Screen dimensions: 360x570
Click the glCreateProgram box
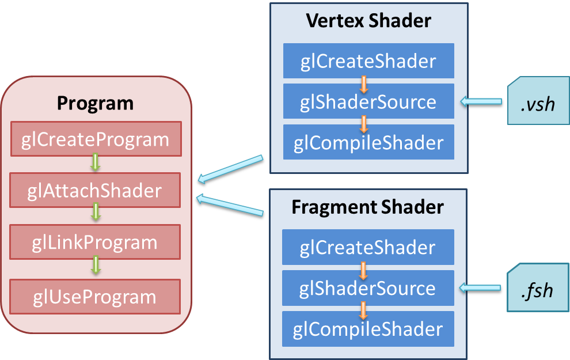(96, 139)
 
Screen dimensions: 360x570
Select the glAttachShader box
(96, 191)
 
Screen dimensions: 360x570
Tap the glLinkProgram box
(96, 242)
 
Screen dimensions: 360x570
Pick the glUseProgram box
(96, 297)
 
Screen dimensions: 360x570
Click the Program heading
(95, 103)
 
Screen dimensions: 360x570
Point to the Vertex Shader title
(368, 21)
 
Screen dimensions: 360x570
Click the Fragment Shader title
(368, 207)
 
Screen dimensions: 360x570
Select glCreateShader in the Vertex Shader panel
(368, 61)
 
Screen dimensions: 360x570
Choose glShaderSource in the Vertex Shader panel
(368, 102)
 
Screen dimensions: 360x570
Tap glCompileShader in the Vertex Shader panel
(368, 142)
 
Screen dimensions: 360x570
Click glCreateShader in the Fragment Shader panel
(368, 248)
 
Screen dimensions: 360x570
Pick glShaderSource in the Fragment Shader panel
(368, 288)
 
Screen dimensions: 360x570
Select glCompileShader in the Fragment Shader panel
(368, 329)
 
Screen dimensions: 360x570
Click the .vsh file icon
(538, 104)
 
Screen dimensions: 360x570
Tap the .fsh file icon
(538, 290)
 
